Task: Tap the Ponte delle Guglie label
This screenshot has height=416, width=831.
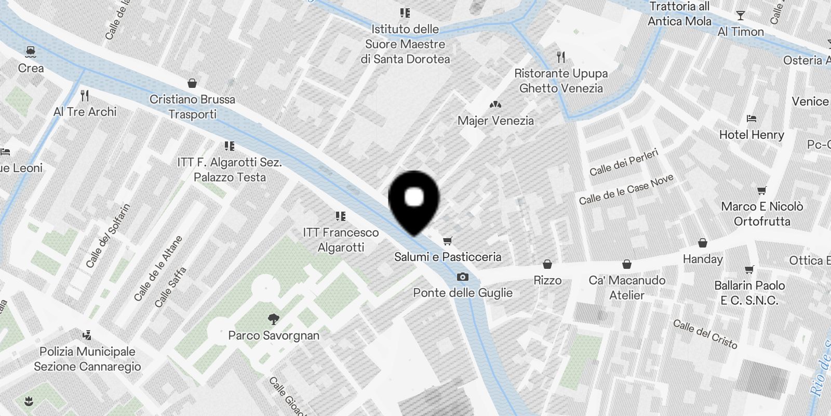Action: point(463,293)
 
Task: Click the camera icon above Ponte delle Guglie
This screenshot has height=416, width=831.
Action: point(462,277)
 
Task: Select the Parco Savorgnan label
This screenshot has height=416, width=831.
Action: point(274,335)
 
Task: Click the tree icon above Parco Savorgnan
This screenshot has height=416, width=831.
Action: point(273,319)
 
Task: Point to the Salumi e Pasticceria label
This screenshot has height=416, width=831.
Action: point(448,257)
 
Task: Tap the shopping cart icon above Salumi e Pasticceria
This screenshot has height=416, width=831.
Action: point(448,241)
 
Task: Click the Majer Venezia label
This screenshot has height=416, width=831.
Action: point(495,121)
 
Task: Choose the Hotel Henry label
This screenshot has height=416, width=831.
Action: point(752,135)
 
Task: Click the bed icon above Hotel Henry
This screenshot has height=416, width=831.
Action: point(751,119)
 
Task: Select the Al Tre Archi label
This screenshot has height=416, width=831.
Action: point(85,112)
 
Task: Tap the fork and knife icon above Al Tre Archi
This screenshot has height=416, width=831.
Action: point(85,96)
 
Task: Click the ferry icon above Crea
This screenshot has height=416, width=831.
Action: point(31,51)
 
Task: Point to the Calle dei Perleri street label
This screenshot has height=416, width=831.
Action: point(624,162)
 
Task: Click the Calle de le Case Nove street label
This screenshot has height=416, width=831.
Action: point(626,189)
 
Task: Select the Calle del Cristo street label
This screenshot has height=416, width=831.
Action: point(705,334)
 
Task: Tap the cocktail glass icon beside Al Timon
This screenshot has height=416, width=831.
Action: point(741,16)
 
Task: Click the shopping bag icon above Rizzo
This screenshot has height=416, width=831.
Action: point(547,265)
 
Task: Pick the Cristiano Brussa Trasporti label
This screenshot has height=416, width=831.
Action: point(192,107)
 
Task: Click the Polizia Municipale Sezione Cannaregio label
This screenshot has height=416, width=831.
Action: point(87,359)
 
